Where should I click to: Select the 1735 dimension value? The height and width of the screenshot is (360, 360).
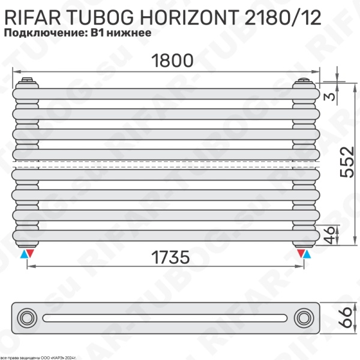(x=164, y=257)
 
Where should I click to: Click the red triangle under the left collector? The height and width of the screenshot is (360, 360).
(x=31, y=254)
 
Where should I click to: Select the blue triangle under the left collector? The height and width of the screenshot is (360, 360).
(x=23, y=254)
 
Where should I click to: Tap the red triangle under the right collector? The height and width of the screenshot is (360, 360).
(x=299, y=254)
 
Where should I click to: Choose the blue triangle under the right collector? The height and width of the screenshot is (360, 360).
(x=308, y=254)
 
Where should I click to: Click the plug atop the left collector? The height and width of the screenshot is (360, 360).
(x=27, y=79)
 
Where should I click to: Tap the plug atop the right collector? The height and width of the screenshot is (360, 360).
(x=304, y=79)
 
